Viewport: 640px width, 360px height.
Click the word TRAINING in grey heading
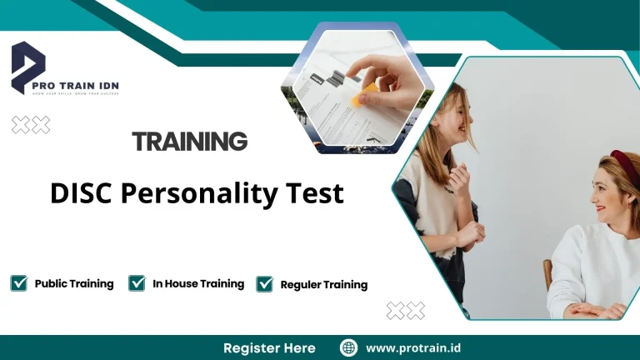point(190,142)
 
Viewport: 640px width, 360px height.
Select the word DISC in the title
point(81,193)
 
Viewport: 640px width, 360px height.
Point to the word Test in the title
point(317,193)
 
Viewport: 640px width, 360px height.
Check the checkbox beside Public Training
point(18,283)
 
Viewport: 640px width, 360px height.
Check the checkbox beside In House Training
point(137,283)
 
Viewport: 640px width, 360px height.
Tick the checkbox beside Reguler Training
point(265,284)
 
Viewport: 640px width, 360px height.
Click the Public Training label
point(74,283)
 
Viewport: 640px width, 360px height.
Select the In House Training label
point(198,283)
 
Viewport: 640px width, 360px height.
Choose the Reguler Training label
point(324,284)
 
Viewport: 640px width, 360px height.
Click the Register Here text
point(269,347)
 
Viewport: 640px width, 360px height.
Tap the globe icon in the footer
point(349,347)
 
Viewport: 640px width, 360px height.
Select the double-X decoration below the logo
point(31,125)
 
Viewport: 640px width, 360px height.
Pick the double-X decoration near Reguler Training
point(406,311)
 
